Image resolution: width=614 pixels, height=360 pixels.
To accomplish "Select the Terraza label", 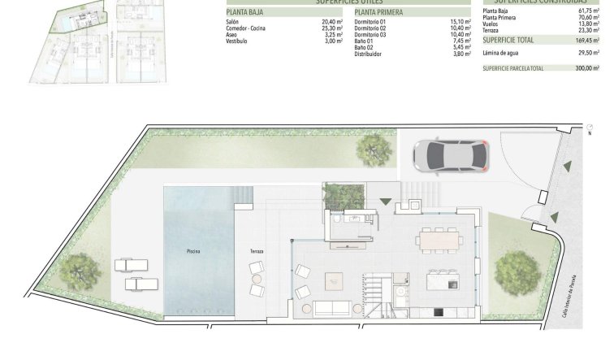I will click(257, 251).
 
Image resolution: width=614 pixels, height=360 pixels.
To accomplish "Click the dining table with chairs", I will click(439, 240).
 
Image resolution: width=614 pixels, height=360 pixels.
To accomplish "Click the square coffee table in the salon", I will click(335, 280).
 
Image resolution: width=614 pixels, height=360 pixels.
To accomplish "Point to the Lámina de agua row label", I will click(502, 53).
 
